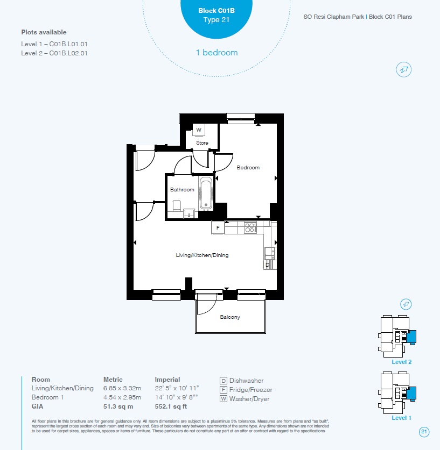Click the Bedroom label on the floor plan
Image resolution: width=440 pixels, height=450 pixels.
tap(248, 168)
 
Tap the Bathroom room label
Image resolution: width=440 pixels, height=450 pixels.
tap(182, 190)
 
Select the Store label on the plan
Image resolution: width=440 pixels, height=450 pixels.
tap(202, 143)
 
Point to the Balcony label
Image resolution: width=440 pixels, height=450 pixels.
tap(230, 317)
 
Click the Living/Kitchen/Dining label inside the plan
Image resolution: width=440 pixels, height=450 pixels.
tap(202, 255)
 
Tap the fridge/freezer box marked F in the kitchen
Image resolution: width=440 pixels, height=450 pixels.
tap(218, 227)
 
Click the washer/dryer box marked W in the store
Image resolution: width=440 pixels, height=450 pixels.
tap(199, 130)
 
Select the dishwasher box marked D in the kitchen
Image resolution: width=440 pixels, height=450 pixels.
tap(268, 265)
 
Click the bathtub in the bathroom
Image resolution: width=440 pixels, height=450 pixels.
tap(206, 192)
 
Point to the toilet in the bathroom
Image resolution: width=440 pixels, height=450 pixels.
tap(177, 206)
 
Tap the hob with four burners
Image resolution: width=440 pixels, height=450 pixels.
tap(250, 228)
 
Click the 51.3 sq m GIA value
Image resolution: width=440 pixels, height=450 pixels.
tap(118, 406)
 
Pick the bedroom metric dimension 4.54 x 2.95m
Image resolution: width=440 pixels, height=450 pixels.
tap(122, 397)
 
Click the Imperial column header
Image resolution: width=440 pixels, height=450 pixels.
tap(167, 380)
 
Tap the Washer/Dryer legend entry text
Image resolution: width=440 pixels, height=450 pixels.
tap(249, 399)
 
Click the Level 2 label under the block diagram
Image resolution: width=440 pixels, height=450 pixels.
tap(401, 362)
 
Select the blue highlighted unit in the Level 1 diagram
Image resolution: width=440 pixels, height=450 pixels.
tap(411, 394)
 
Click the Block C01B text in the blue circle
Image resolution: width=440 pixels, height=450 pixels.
tap(216, 11)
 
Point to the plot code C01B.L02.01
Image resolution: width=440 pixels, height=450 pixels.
tap(68, 53)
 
